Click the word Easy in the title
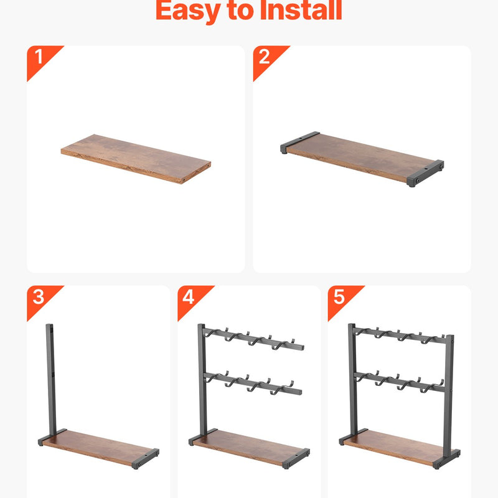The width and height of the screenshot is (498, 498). (188, 11)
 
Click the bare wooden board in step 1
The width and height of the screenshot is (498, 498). (136, 159)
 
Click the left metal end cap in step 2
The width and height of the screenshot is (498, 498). (299, 142)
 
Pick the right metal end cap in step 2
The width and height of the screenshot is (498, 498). (426, 173)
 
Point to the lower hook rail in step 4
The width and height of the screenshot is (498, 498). (253, 383)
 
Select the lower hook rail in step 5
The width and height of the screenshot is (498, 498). (400, 382)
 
